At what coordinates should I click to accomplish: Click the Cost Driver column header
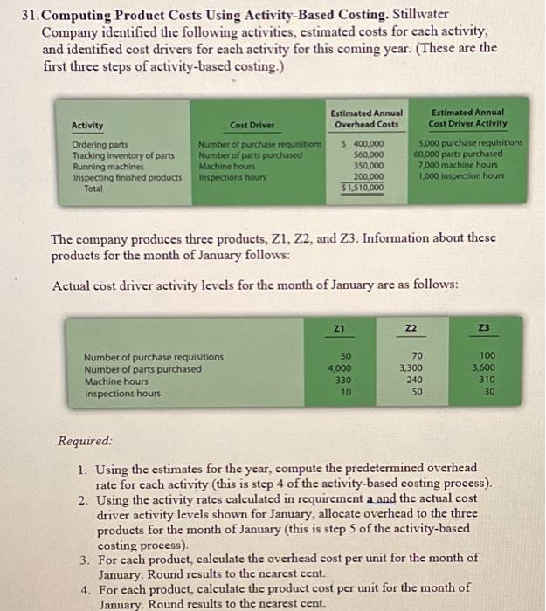coord(249,125)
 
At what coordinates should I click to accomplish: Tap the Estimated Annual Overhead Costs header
coord(367,118)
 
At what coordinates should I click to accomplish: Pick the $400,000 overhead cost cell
coord(365,143)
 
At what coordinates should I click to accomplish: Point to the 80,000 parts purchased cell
coord(460,154)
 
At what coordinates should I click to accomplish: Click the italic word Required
coord(85,442)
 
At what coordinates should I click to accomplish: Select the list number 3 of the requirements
coord(83,557)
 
